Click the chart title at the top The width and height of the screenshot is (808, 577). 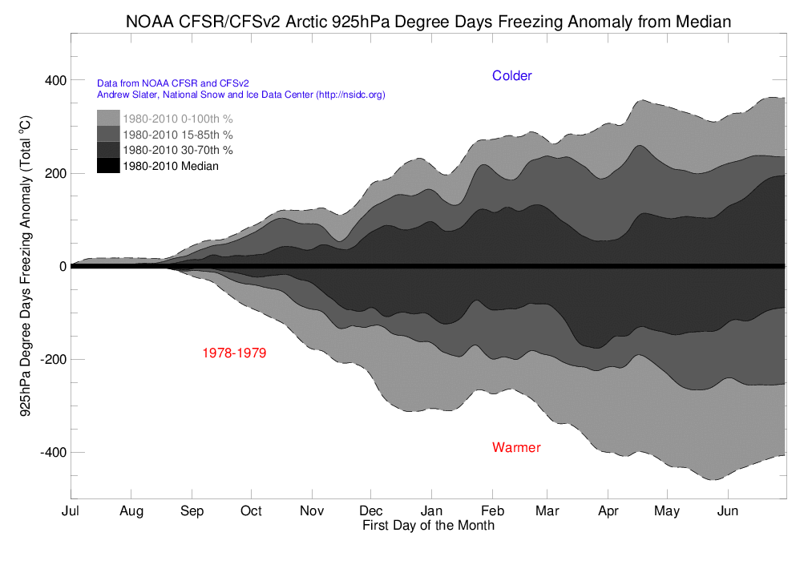[428, 22]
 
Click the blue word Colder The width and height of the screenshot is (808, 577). [511, 76]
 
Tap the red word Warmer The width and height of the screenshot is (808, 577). [516, 447]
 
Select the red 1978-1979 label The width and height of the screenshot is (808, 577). [234, 353]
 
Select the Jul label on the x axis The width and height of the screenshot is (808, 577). [71, 510]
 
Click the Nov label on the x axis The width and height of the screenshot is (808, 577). [311, 510]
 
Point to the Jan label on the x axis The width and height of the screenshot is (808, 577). [431, 510]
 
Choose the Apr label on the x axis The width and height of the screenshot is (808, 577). [608, 510]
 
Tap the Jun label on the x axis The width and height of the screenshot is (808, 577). [728, 510]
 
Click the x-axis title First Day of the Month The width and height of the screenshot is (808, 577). [428, 526]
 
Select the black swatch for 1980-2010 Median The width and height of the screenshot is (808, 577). [109, 166]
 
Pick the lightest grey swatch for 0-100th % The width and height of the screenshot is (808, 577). [109, 119]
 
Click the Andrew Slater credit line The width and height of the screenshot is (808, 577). [240, 95]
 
